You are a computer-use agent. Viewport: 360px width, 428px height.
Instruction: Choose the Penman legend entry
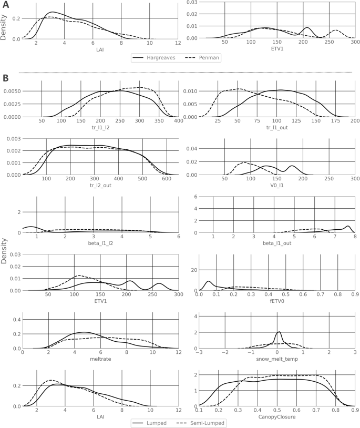(209, 58)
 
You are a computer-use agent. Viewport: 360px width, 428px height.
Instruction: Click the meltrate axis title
(100, 360)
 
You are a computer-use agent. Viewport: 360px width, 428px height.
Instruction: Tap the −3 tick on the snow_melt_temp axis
(199, 353)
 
